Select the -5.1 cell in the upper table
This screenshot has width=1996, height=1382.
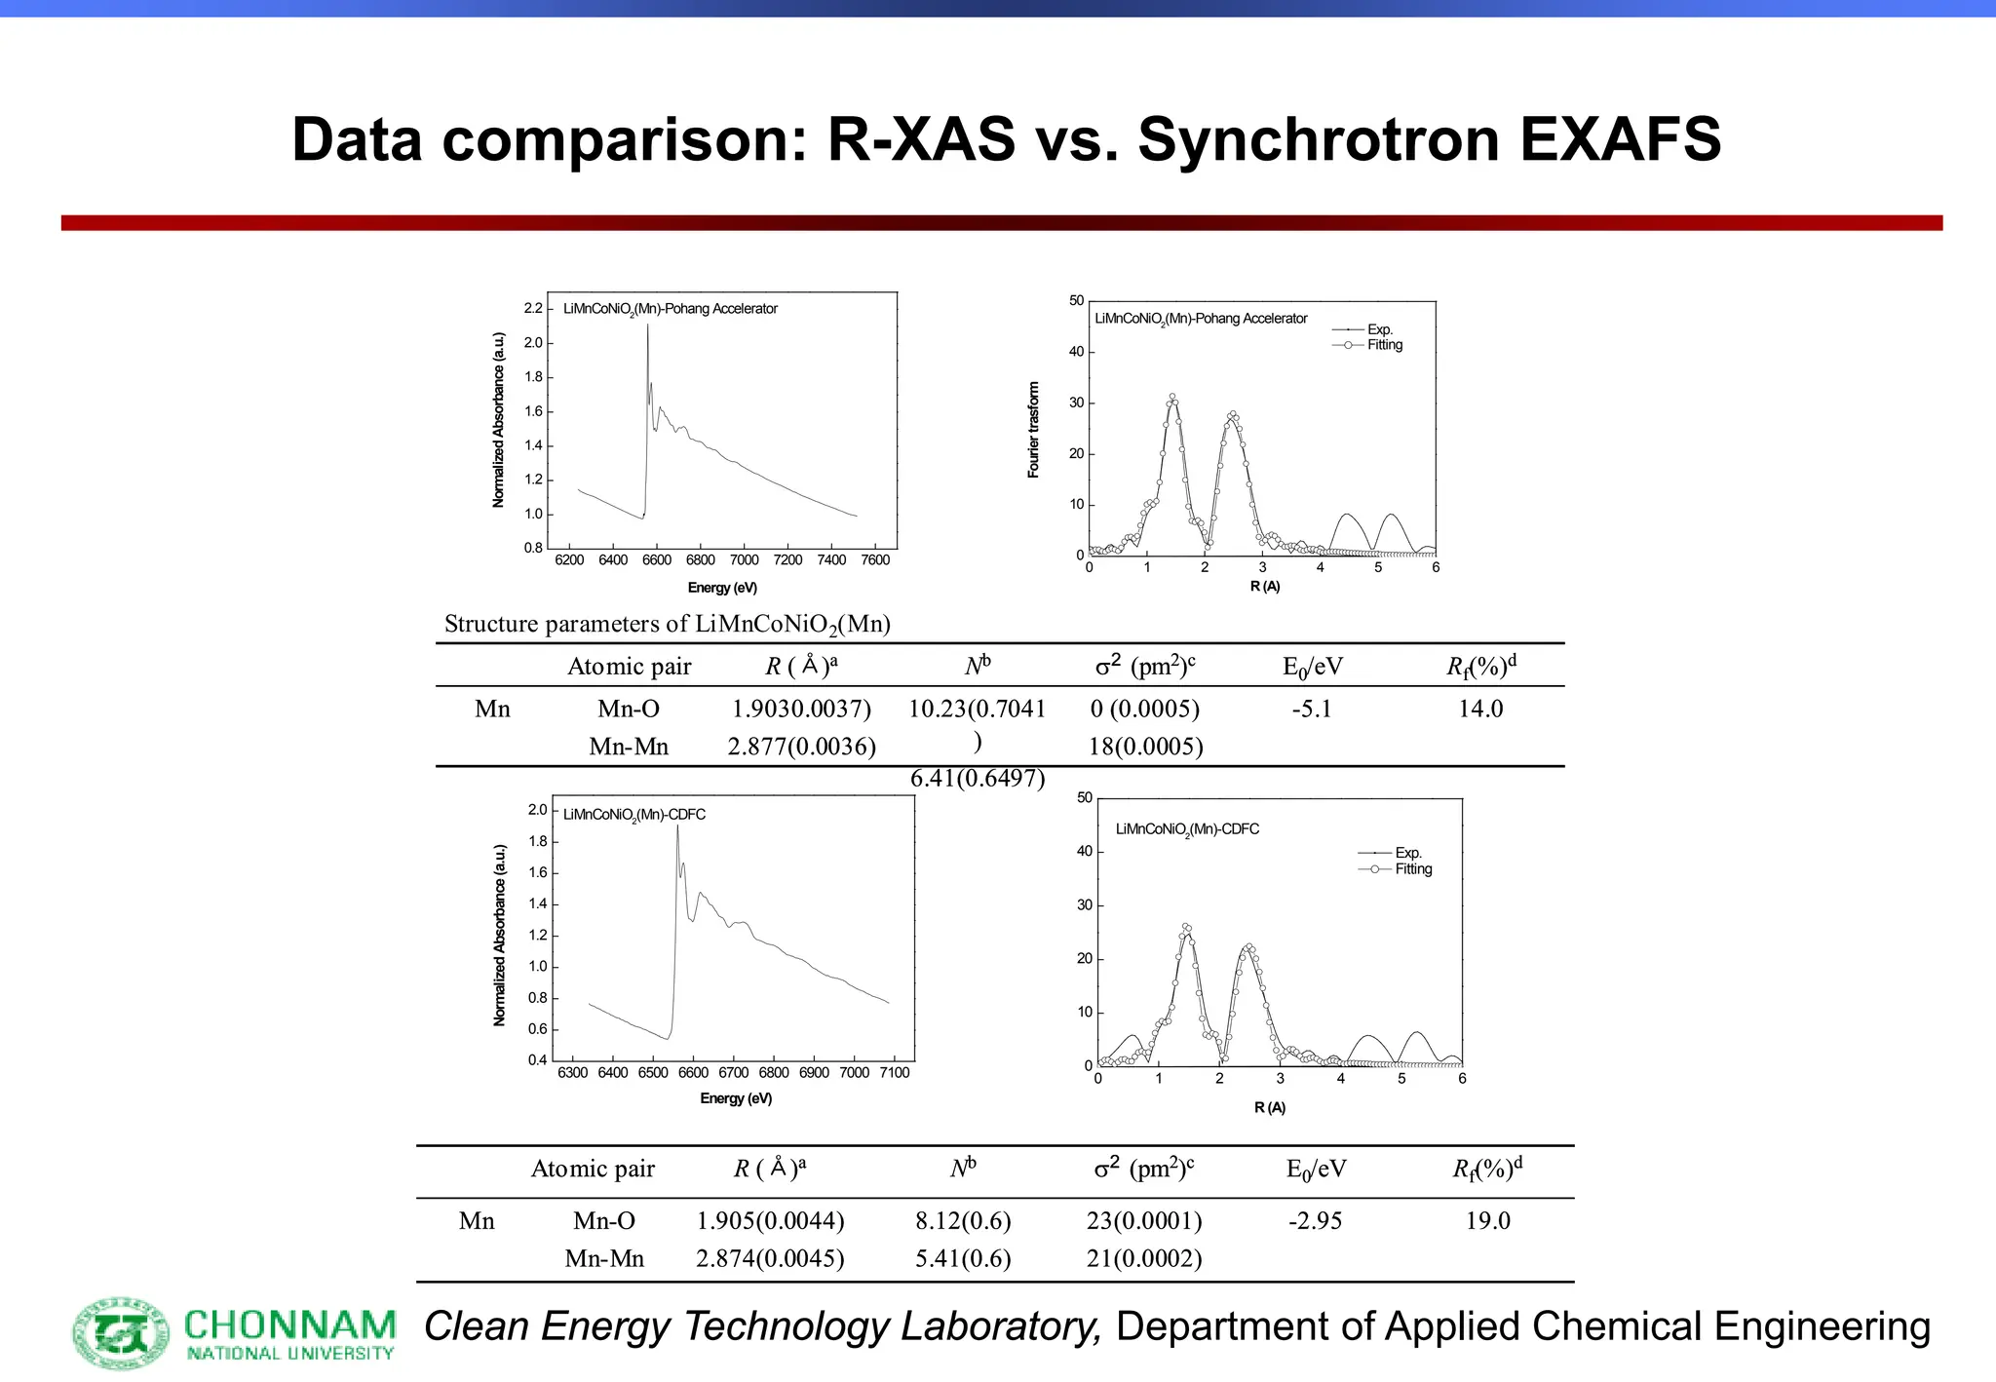(1311, 709)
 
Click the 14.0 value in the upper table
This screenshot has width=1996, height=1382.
(1480, 709)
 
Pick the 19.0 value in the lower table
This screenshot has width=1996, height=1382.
(1487, 1220)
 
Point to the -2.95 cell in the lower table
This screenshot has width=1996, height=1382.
(1315, 1220)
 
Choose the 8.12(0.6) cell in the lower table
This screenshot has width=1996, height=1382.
(963, 1220)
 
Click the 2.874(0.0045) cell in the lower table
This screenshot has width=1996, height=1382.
(770, 1258)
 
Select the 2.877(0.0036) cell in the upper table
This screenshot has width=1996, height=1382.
(801, 747)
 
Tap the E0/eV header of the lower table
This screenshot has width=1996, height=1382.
(1316, 1169)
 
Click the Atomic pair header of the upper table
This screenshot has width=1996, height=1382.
(629, 667)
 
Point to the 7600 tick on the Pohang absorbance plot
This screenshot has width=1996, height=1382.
(875, 560)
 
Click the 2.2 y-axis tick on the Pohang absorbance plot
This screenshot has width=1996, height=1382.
(533, 308)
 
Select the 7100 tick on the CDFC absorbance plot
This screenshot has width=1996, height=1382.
(894, 1072)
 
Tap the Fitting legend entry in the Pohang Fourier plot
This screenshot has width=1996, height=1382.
(1384, 345)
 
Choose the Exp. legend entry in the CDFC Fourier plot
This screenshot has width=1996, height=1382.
(1407, 853)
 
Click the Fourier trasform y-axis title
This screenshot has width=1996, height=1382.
(1034, 430)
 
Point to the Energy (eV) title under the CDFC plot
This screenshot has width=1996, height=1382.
(736, 1098)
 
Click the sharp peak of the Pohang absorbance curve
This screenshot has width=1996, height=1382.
(647, 327)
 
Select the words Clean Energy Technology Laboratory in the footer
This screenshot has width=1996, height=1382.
(762, 1326)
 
